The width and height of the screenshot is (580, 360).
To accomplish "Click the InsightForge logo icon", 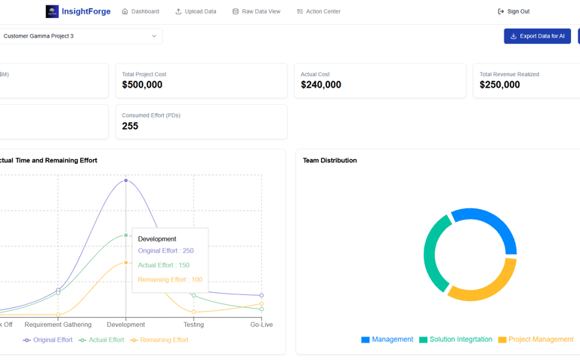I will click(52, 11).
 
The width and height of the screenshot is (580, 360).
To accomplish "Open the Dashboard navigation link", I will click(140, 11).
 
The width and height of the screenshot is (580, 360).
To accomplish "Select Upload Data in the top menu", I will click(196, 11).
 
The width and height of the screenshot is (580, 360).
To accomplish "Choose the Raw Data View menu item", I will click(256, 11).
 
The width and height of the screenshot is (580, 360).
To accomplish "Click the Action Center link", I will click(318, 11).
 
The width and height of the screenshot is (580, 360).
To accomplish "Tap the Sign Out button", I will click(514, 11).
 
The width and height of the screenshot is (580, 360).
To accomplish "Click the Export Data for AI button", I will click(537, 36).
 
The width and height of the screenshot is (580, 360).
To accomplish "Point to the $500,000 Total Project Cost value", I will click(142, 85).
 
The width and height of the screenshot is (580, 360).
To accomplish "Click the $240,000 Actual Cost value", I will click(321, 85).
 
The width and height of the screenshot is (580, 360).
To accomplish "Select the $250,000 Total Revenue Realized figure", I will click(499, 85).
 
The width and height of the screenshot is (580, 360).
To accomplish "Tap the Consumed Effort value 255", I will click(130, 126).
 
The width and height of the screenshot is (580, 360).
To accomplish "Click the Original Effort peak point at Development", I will click(126, 180).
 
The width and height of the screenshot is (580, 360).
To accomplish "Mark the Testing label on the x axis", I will click(193, 325).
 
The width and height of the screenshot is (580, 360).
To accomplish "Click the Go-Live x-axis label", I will click(261, 325).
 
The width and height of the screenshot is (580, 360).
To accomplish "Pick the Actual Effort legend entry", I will click(101, 340).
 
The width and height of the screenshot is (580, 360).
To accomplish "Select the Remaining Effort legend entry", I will click(159, 340).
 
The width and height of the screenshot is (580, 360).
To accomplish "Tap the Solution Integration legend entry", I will click(455, 340).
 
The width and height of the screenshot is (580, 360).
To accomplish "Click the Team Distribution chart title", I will click(329, 160).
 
